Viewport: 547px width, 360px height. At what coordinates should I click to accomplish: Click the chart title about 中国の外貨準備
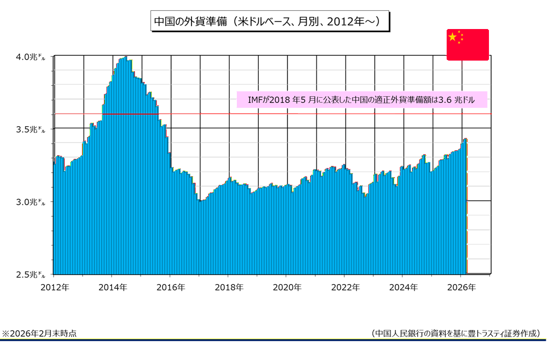[266, 22]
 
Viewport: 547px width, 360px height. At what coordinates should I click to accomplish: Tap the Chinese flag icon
[468, 45]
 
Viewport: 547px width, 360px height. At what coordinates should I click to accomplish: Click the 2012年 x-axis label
[54, 287]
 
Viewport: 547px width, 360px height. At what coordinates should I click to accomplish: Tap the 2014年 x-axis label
[113, 287]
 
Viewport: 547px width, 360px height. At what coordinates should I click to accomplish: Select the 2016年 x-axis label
[171, 287]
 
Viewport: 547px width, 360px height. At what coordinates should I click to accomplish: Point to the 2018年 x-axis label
[229, 287]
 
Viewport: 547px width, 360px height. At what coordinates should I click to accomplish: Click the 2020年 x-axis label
[287, 287]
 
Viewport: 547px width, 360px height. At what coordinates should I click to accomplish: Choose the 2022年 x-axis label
[345, 287]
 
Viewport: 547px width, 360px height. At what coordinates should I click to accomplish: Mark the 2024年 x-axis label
[403, 287]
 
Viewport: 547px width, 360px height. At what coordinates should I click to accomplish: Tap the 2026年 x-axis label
[461, 287]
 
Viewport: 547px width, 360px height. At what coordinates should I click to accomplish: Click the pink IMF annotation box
[362, 100]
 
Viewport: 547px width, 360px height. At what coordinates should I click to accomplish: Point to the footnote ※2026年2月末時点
[40, 334]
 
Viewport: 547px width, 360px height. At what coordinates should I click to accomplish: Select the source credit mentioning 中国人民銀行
[455, 334]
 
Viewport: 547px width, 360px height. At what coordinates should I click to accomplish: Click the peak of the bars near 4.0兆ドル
[125, 58]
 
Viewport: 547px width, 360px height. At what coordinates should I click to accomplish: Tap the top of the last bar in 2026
[466, 139]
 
